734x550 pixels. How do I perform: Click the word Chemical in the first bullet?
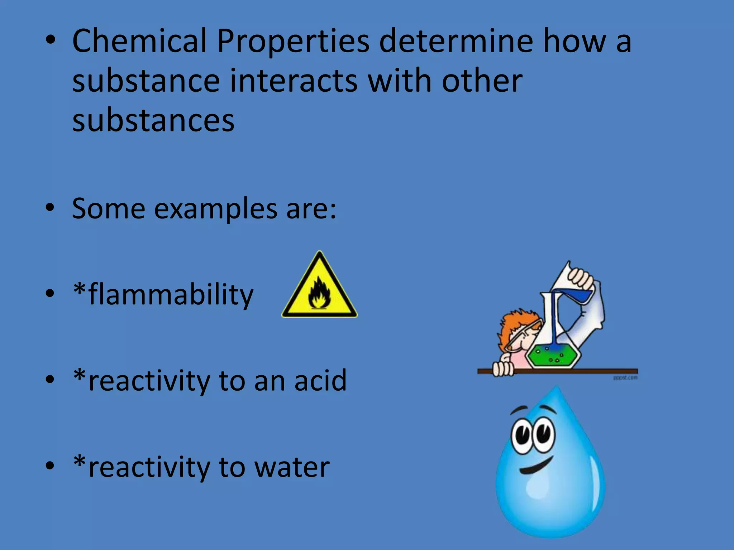140,41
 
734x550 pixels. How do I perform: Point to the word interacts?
294,81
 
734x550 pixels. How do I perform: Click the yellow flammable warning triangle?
319,290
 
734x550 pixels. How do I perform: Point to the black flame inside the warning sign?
319,295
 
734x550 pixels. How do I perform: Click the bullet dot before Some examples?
50,208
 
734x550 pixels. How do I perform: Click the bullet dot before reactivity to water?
50,465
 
